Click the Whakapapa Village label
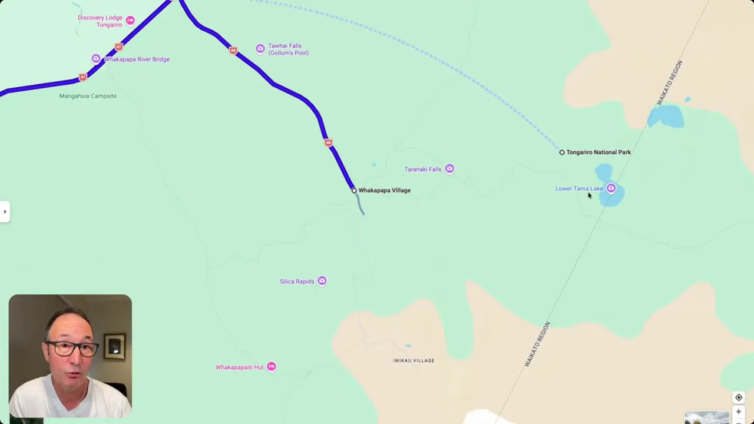(x=384, y=190)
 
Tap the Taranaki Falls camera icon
(x=449, y=169)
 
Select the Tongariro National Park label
(x=598, y=152)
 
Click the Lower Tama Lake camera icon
(x=611, y=188)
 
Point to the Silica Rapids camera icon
(x=322, y=281)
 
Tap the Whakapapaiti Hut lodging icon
(x=271, y=367)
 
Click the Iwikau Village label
(x=414, y=360)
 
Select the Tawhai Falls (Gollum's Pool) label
(x=288, y=49)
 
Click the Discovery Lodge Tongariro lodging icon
(x=130, y=21)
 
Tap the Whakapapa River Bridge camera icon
(x=96, y=59)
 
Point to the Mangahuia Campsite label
(x=88, y=96)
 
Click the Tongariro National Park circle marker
(x=562, y=152)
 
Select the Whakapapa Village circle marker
(x=354, y=190)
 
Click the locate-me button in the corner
(x=739, y=397)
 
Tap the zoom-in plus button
(x=739, y=412)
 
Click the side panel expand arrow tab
(x=5, y=211)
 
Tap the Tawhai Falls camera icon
(x=260, y=48)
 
